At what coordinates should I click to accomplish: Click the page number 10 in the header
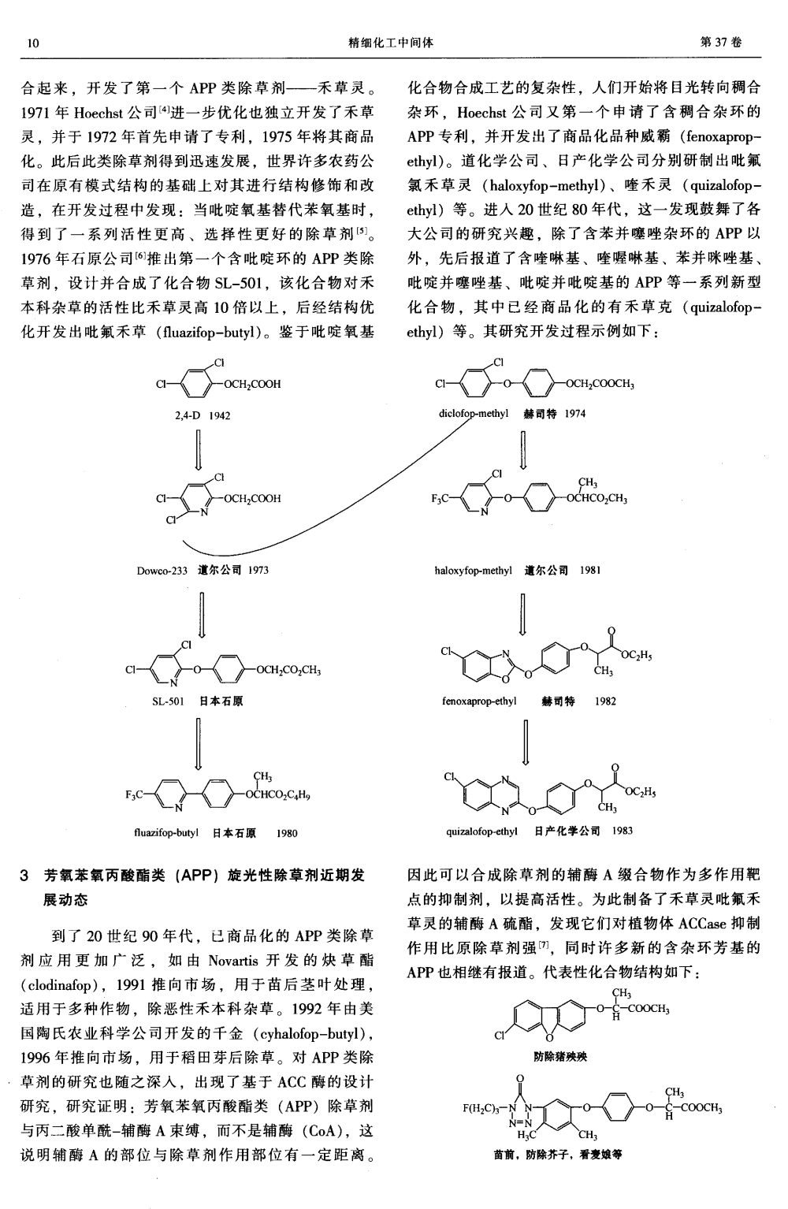33,43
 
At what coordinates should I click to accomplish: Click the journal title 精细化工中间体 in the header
391,42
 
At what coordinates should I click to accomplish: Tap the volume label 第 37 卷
720,42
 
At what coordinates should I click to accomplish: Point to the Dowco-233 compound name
162,571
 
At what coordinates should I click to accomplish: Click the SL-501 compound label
168,701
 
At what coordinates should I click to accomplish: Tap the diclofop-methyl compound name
474,414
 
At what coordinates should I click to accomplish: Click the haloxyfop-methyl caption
474,571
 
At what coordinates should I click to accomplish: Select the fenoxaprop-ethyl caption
479,701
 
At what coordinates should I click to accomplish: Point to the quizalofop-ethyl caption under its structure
481,831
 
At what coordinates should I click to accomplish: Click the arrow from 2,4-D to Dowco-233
199,449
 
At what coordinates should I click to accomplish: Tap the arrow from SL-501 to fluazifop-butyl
199,743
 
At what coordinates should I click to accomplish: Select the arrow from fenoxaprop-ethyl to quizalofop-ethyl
525,742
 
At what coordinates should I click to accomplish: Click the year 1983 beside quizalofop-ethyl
623,831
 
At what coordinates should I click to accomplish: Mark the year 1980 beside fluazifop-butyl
287,833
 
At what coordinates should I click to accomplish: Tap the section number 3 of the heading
24,876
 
